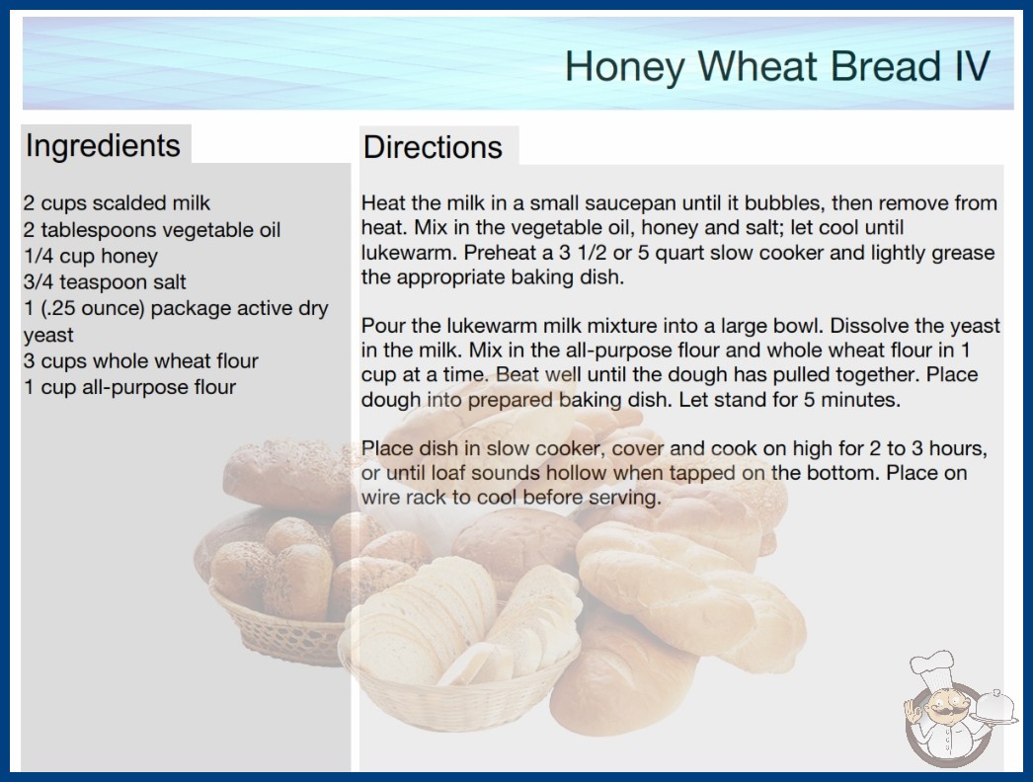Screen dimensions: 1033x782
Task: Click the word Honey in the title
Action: [x=624, y=67]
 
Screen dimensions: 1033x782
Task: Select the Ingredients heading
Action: [x=103, y=145]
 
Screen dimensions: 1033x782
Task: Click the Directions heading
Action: [x=433, y=147]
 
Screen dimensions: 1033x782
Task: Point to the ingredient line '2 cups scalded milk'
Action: [x=117, y=203]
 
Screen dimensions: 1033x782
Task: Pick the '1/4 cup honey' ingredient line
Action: [x=91, y=256]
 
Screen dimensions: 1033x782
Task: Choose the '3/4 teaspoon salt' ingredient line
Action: [x=105, y=282]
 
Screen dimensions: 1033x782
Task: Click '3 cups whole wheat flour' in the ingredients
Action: [x=141, y=361]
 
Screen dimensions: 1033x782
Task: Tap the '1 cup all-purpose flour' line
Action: [x=129, y=387]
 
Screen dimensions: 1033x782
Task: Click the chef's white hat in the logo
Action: [x=931, y=666]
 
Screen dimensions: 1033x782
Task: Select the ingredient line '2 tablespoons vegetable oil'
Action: [x=152, y=230]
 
